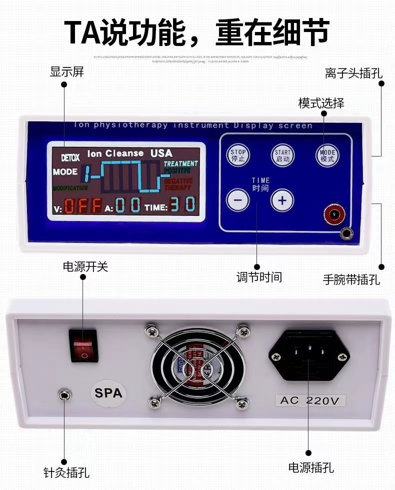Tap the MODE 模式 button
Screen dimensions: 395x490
[x=327, y=155]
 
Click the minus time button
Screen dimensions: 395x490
[x=237, y=200]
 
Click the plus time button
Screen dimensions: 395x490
[x=282, y=200]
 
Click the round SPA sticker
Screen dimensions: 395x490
[x=108, y=393]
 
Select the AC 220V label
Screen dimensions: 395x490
[x=310, y=400]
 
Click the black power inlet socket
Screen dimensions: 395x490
[x=309, y=354]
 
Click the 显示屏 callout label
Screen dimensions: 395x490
[x=67, y=71]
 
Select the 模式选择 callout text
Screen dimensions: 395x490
[x=321, y=103]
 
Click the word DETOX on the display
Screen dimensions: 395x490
[x=70, y=157]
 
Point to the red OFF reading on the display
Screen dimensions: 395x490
[x=82, y=205]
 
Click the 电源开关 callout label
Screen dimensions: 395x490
[x=85, y=266]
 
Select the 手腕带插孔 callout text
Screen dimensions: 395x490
[x=351, y=279]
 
